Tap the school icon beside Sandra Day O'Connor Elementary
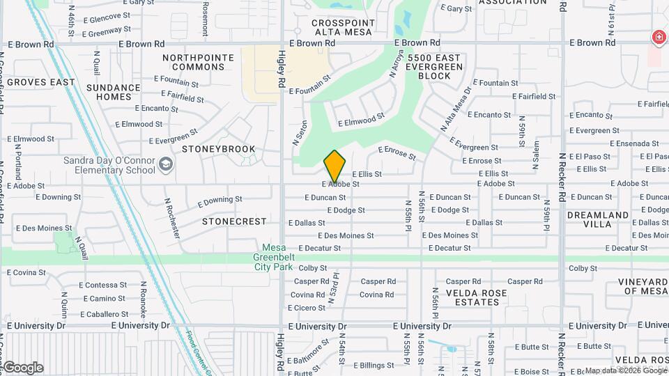(x=166, y=164)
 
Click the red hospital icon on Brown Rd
(x=657, y=37)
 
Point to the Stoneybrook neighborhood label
(x=218, y=149)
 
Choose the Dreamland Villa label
(x=598, y=220)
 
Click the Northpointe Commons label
(x=198, y=62)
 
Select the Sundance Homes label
(x=114, y=92)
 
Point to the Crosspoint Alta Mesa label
(x=343, y=27)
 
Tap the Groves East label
(x=42, y=82)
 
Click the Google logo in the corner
(x=22, y=368)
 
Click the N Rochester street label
(x=173, y=217)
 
